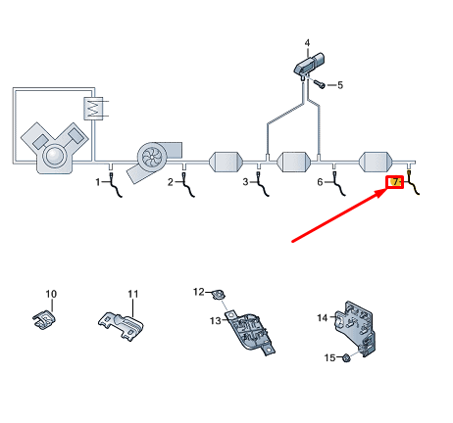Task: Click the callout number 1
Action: point(98,182)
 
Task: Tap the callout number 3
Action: point(246,182)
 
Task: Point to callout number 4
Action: point(307,44)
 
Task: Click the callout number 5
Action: point(339,85)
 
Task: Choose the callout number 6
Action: point(320,182)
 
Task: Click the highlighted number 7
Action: point(395,182)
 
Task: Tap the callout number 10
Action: point(52,294)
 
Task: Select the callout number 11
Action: point(133,294)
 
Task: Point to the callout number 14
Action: point(322,317)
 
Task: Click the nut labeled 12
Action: point(223,292)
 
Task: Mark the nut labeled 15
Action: point(349,359)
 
